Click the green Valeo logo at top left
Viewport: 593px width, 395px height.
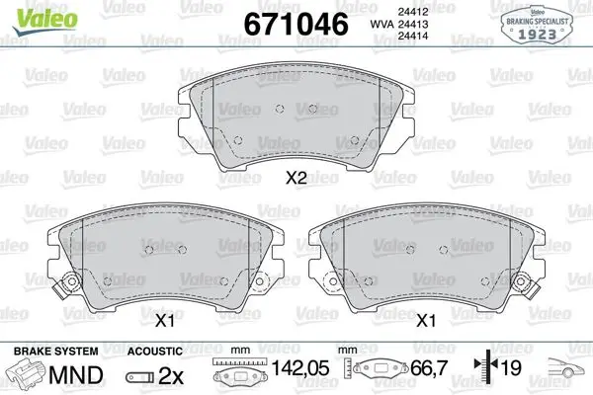(45, 21)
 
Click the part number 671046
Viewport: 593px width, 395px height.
(296, 24)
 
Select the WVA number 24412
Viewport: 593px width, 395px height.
(413, 12)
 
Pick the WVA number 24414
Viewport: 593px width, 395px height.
(413, 36)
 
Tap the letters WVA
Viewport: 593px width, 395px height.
(381, 24)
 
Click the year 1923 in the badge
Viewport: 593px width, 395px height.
(537, 35)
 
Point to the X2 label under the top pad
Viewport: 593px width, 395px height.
(296, 178)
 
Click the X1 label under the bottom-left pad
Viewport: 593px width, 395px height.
(165, 321)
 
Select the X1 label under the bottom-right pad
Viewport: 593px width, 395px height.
(426, 321)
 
